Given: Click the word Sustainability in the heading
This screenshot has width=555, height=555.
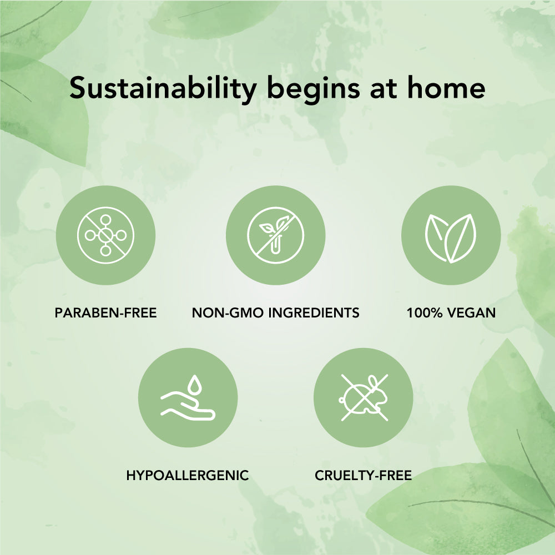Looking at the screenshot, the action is click(163, 88).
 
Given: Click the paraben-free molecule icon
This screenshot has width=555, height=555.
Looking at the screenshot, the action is click(105, 235).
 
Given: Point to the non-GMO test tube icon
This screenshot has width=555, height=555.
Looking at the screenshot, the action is click(275, 235).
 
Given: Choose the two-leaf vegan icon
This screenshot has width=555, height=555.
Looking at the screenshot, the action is click(451, 238).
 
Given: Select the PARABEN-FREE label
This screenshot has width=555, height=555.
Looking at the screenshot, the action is click(105, 313).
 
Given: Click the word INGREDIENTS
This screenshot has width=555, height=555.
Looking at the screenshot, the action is click(314, 313).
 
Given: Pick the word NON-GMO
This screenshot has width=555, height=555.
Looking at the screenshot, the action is click(228, 313).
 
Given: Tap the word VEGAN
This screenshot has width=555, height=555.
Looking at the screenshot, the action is click(471, 313).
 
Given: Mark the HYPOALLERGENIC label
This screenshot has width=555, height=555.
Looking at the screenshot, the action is click(188, 476).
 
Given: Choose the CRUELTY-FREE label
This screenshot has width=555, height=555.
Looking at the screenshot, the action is click(363, 476).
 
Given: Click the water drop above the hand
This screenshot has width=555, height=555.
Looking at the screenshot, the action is click(194, 385).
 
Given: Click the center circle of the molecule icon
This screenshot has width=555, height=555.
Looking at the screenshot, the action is click(105, 235).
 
